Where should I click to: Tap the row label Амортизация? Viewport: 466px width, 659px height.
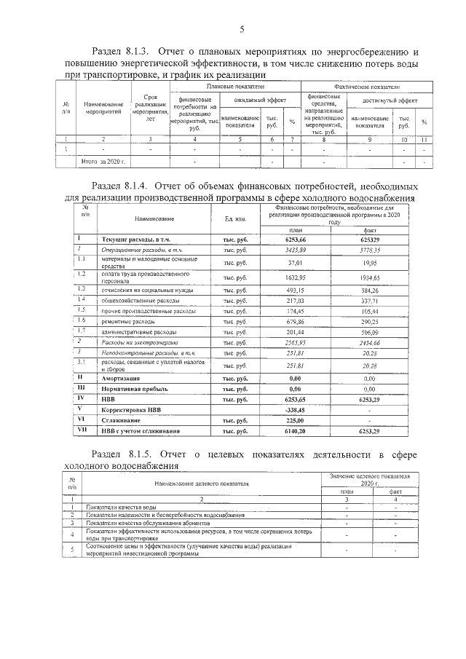pos(120,379)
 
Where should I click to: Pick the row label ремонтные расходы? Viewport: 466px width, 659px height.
pos(127,320)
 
